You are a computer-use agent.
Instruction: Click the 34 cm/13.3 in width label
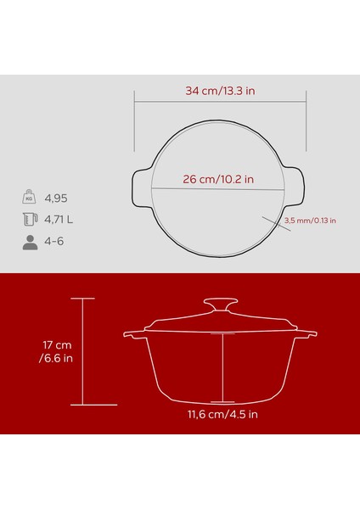[222, 89]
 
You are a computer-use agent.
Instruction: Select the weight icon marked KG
[28, 199]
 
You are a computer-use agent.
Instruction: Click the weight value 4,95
[57, 199]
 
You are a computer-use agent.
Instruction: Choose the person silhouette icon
[28, 242]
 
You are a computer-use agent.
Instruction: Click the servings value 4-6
[53, 242]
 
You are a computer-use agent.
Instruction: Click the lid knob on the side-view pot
[222, 304]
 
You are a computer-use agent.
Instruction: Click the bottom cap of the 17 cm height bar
[82, 405]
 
